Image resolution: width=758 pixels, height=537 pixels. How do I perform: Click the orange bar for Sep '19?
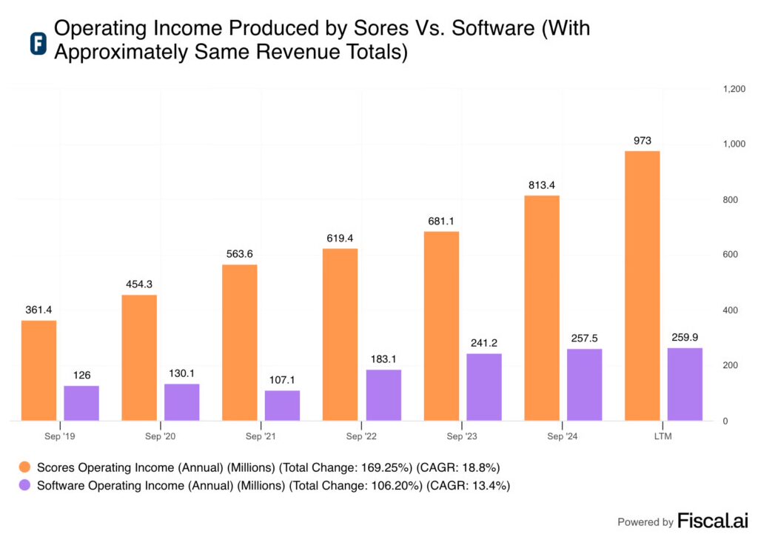[38, 370]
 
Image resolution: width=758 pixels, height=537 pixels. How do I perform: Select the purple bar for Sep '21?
[282, 405]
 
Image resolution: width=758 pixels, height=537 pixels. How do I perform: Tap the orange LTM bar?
[642, 286]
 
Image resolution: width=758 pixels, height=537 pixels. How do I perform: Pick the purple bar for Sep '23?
[483, 387]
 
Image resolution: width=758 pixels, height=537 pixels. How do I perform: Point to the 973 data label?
[642, 141]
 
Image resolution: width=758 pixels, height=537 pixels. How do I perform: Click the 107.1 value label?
[282, 380]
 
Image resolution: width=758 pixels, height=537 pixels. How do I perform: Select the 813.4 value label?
[542, 185]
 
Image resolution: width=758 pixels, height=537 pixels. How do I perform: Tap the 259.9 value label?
[685, 338]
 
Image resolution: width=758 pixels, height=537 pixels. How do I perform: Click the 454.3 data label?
[139, 284]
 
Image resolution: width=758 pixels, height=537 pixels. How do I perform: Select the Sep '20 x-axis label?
[160, 436]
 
